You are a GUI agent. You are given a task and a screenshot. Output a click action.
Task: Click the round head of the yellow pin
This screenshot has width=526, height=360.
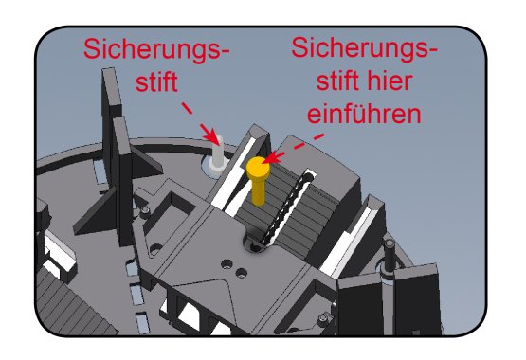click(x=258, y=167)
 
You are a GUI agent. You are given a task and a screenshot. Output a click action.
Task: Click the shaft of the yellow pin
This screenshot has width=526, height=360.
click(x=258, y=191)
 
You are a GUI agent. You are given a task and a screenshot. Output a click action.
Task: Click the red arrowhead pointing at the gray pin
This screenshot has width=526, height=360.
click(x=211, y=135)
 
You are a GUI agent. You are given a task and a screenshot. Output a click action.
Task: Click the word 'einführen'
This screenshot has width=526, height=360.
click(x=364, y=114)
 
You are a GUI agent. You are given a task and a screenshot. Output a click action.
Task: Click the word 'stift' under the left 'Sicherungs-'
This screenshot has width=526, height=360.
click(x=156, y=81)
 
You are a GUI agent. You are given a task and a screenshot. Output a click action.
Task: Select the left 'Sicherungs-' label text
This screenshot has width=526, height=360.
click(x=156, y=49)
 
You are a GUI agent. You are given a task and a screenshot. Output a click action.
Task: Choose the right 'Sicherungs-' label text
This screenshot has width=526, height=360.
click(x=365, y=48)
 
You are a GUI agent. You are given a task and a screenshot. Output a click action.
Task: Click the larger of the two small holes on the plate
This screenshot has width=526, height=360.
click(x=227, y=265)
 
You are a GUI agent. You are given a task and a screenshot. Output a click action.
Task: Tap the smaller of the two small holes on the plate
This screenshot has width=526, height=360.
click(x=241, y=273)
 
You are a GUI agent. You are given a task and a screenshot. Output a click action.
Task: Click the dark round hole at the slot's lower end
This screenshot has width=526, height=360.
click(x=255, y=246)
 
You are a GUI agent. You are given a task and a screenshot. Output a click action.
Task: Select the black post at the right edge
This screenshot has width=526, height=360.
click(x=390, y=255)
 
